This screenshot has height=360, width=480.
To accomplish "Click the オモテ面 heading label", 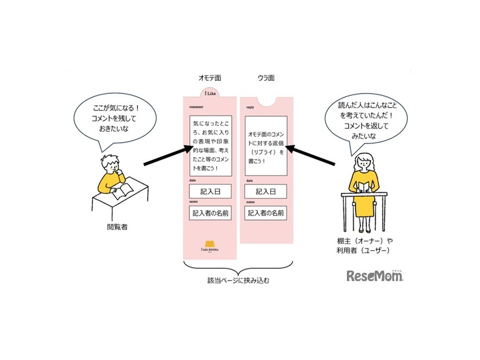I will (210, 78).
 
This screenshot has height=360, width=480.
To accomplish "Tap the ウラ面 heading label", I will (266, 78).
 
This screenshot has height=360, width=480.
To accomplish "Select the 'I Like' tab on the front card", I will (209, 94).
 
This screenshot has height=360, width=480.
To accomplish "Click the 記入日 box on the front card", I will (210, 191).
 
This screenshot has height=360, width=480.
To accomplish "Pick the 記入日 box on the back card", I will (265, 191).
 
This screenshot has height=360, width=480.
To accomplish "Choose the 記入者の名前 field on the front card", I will (210, 213).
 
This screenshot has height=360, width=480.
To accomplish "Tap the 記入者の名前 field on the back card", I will (265, 213).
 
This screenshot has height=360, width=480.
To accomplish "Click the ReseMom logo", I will (375, 275).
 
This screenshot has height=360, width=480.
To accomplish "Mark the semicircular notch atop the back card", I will (266, 100).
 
